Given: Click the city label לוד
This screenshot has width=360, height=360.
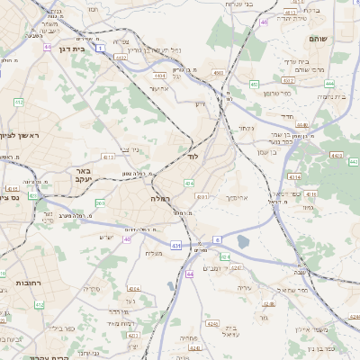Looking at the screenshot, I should tap(193, 156).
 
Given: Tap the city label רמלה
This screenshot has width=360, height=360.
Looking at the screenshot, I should tap(161, 197).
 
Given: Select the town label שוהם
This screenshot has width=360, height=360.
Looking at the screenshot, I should tap(320, 38).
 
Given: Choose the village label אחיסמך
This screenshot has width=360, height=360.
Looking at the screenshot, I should tap(232, 196).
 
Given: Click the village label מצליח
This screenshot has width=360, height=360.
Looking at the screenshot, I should tap(154, 253).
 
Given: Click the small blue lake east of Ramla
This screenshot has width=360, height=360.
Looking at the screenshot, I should tap(244, 241).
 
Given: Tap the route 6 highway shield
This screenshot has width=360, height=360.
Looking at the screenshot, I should tap(217, 239).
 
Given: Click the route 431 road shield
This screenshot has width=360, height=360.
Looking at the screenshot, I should tap(176, 245).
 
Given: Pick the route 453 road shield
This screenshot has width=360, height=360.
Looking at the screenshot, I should tap(255, 85).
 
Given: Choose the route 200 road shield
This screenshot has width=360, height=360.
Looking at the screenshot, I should tap(98, 203).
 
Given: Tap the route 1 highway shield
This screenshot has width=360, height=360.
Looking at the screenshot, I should tap(100, 47).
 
